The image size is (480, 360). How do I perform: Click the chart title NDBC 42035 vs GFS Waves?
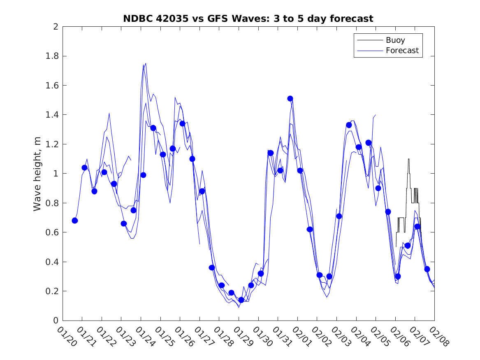pos(248,19)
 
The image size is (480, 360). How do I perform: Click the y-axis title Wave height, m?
pos(37,174)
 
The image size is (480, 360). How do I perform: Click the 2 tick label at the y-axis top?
pos(55,27)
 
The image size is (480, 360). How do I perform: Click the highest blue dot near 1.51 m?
pos(290,98)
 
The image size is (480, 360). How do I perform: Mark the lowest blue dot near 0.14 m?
pos(241,300)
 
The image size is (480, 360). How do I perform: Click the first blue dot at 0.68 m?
pos(75,221)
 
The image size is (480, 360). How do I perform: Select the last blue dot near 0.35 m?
pos(427,269)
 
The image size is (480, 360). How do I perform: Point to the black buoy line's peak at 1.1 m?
pos(408,159)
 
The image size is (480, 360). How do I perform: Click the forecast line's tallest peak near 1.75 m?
pos(146,63)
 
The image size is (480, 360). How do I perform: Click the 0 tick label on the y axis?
pos(55,321)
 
